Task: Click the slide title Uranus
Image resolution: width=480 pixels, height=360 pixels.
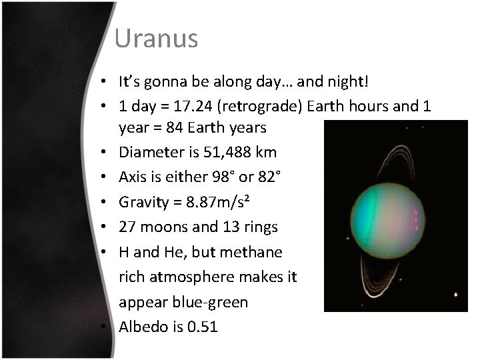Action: pyautogui.click(x=155, y=39)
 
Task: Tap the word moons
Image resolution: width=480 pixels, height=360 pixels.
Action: pyautogui.click(x=164, y=227)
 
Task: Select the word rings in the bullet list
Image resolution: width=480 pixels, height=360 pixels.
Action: pyautogui.click(x=260, y=227)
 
